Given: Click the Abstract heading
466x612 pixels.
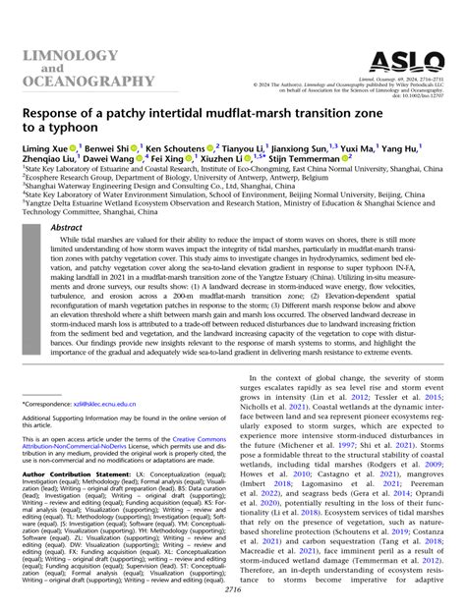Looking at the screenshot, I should tap(67, 226).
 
